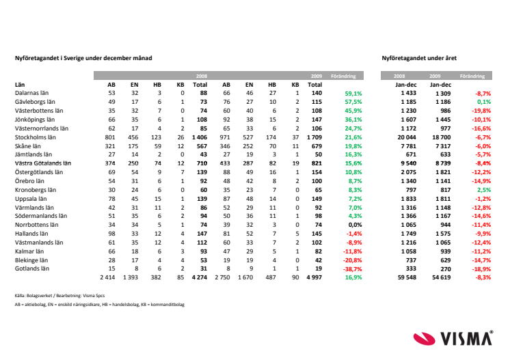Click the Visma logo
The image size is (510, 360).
pos(453,338)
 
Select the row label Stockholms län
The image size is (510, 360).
pos(35,137)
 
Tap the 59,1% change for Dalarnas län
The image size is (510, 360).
pos(353,94)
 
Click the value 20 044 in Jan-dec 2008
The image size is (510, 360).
pos(407,137)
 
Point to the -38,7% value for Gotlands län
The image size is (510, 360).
pos(352,269)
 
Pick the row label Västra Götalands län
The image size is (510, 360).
pos(43,163)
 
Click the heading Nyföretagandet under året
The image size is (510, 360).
pos(419,58)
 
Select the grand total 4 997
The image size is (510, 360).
pos(314,277)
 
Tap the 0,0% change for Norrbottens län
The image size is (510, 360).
pos(355,225)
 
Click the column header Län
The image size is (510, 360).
pos(20,85)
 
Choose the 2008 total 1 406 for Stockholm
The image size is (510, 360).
pos(200,137)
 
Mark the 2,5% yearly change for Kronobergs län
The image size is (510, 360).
pos(484,190)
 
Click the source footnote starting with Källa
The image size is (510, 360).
pos(59,296)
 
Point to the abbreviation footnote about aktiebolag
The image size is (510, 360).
pos(100,305)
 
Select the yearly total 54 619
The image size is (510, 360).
pos(442,277)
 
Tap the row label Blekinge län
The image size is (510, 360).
pos(31,260)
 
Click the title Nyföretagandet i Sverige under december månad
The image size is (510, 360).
pos(83,58)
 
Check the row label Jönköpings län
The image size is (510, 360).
pos(35,120)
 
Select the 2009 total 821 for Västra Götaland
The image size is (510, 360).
pos(317,163)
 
